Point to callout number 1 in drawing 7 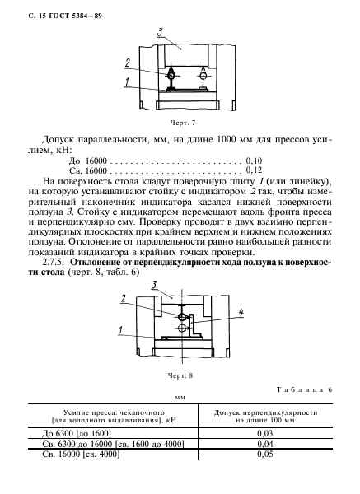pos(127,82)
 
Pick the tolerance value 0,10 pos(255,163)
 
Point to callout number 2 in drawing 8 pos(124,299)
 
